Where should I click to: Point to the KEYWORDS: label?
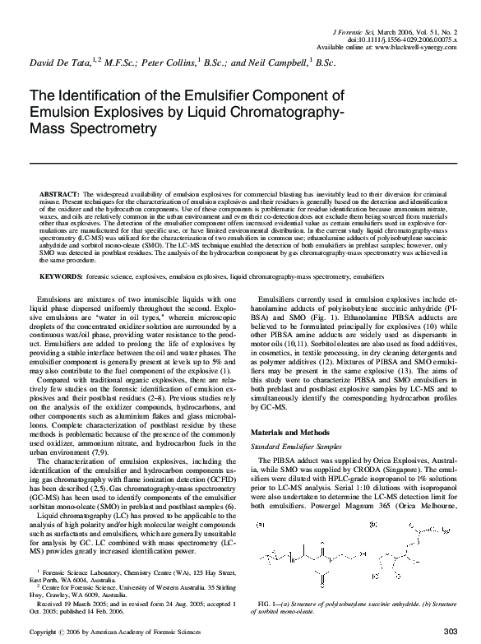(61, 279)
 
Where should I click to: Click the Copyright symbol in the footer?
(62, 632)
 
